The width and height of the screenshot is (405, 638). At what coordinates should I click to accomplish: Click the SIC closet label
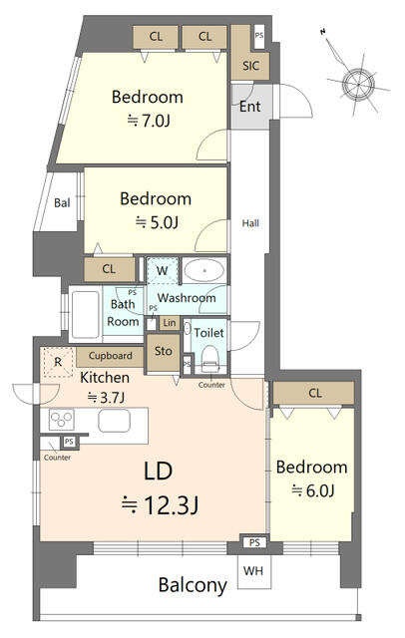click(250, 66)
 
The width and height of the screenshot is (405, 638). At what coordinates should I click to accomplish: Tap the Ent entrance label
click(249, 107)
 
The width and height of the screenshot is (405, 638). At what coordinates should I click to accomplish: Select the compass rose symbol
click(357, 84)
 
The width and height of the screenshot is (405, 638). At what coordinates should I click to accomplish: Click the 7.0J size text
click(149, 121)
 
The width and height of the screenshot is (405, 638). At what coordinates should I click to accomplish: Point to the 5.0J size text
click(157, 222)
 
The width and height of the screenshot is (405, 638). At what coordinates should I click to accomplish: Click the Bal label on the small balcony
click(62, 202)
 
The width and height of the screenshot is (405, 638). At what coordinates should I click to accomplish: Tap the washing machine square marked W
click(163, 270)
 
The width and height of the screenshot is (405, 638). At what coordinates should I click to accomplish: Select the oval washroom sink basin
click(203, 270)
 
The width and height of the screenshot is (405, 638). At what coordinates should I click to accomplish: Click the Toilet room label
click(208, 333)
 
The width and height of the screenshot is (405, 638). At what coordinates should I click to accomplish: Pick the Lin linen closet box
click(170, 323)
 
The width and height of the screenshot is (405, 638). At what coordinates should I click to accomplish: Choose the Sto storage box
click(163, 352)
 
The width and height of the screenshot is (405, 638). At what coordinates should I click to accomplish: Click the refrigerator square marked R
click(58, 362)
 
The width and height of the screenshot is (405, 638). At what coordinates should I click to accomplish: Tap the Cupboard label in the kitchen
click(111, 356)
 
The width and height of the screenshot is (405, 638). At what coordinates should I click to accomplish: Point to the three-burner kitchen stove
click(61, 419)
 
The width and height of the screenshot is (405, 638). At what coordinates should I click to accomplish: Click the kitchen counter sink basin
click(114, 421)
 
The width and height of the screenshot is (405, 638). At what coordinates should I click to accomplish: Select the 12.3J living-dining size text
click(160, 505)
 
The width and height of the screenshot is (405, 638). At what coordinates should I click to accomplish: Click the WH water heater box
click(254, 571)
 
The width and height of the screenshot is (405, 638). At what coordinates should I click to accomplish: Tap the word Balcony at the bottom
click(193, 586)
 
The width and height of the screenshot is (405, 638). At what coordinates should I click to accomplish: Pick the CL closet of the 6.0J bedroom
click(313, 393)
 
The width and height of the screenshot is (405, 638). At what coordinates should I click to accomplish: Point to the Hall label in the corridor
click(250, 223)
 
